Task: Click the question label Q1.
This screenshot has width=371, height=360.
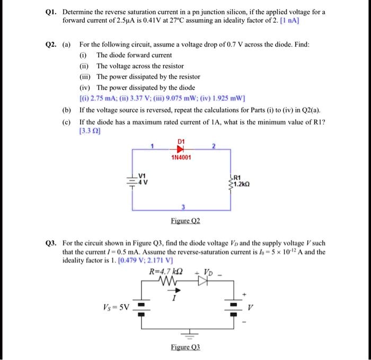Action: pos(54,11)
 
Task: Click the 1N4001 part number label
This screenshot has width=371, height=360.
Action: pos(181,158)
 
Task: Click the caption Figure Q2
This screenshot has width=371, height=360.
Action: pos(181,221)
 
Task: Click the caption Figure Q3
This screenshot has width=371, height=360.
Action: pos(185,347)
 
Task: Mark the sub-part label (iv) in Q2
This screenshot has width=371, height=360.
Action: pos(84,87)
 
